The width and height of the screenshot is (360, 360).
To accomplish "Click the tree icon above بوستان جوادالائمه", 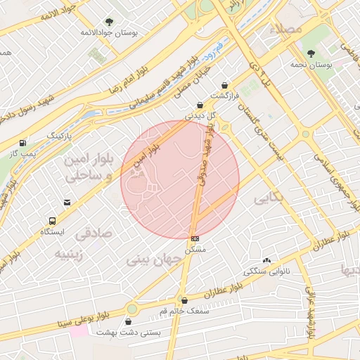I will tap(109, 22).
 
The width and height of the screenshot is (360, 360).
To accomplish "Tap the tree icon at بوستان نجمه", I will tap(311, 53).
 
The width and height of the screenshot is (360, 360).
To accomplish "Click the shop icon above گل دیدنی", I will tap(200, 105).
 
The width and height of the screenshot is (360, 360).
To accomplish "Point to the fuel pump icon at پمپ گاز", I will tap(23, 142).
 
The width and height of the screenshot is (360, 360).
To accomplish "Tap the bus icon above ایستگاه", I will tap(52, 221).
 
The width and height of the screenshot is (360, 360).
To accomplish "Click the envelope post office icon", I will tap(67, 202).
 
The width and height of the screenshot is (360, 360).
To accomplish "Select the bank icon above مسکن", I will tap(195, 238).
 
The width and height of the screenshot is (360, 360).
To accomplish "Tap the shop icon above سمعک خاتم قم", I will tap(184, 300).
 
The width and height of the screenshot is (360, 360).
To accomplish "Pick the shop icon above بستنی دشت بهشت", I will tap(128, 321).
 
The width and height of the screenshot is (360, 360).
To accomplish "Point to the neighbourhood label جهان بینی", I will tap(154, 259).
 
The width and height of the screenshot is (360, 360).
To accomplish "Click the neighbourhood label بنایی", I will tap(269, 199).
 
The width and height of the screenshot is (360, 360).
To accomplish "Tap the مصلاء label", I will tap(289, 28).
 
